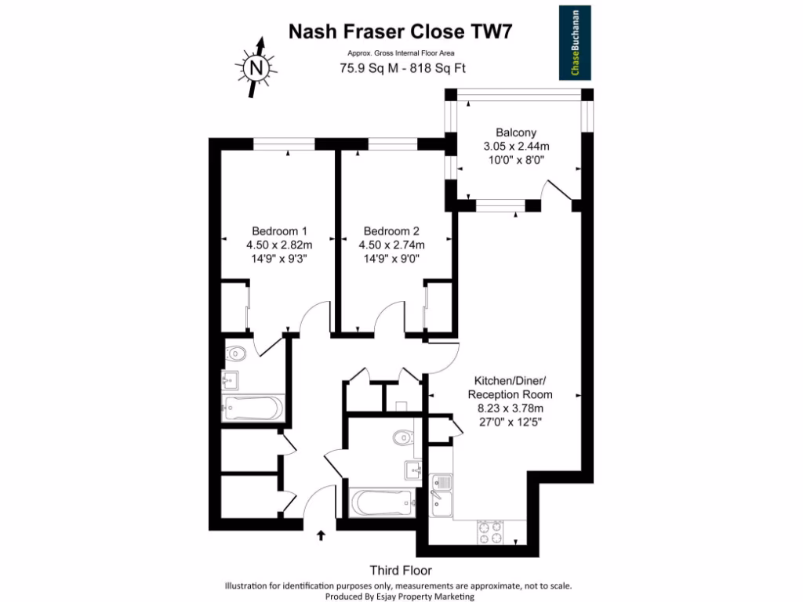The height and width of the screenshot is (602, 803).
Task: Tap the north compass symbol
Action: [256, 68]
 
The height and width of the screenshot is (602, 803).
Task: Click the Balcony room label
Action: [515, 132]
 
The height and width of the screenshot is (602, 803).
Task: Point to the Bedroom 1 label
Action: [279, 231]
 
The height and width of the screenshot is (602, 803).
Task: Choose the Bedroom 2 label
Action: [391, 231]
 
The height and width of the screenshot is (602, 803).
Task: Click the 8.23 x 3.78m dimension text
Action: [511, 408]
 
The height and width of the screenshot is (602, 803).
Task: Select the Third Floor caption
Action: [401, 571]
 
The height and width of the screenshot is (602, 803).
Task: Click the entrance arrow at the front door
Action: [321, 536]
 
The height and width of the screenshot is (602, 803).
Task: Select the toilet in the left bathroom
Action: [236, 354]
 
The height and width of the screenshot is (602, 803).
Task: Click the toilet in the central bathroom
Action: [403, 435]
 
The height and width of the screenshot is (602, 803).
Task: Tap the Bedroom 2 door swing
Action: [389, 320]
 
